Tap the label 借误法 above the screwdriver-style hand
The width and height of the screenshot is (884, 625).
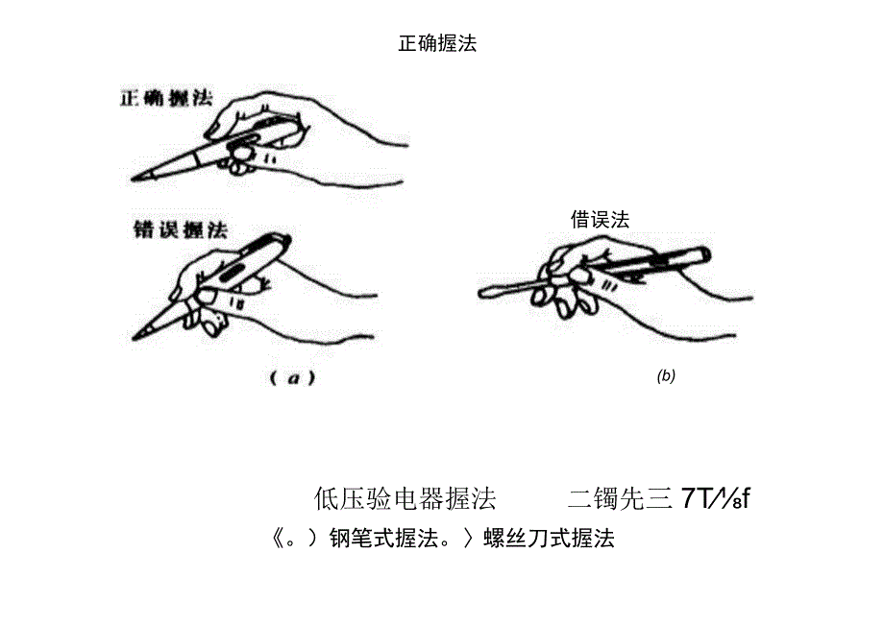tap(600, 219)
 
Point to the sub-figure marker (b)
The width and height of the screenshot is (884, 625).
tap(666, 376)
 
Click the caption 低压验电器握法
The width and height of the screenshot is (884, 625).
tap(405, 498)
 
